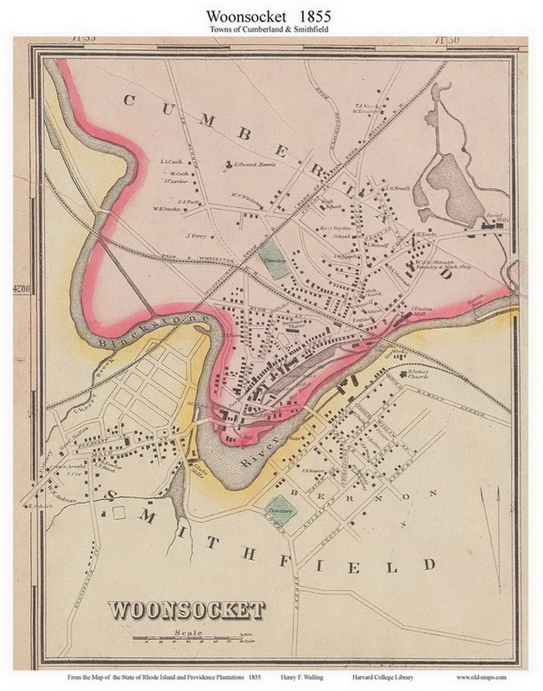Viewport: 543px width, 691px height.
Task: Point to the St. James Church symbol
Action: (x=403, y=374)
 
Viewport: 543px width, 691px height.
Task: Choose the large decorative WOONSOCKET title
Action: (x=187, y=610)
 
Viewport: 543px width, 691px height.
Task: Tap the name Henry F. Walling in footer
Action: (x=302, y=677)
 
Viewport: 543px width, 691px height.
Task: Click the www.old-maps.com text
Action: (x=481, y=677)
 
